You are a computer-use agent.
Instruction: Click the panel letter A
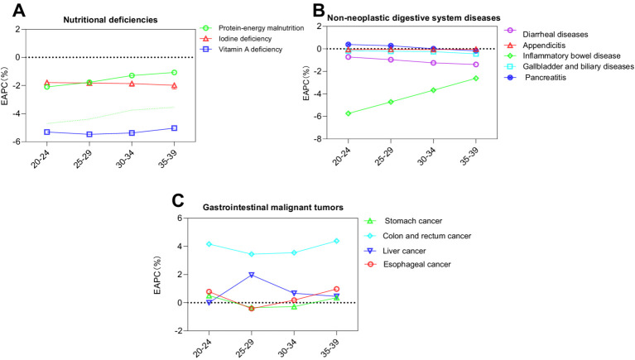click(19, 11)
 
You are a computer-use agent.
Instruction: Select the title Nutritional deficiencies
click(110, 20)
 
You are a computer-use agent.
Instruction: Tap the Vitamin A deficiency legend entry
click(242, 50)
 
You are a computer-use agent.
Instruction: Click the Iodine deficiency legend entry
click(236, 39)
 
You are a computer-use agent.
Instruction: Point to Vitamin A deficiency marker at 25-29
click(89, 134)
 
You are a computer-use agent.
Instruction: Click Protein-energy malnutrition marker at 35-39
click(174, 73)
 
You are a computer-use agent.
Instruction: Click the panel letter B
click(320, 10)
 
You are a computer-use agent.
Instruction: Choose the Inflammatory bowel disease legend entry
click(562, 56)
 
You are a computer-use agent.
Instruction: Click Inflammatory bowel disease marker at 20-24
click(349, 113)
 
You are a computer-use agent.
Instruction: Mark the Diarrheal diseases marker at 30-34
click(433, 63)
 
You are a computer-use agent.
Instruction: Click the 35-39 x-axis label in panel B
click(469, 156)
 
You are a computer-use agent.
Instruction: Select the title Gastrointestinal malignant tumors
click(273, 208)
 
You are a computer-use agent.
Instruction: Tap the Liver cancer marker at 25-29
click(252, 275)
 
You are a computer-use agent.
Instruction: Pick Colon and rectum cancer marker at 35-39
click(336, 241)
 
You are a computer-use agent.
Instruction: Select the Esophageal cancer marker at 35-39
click(336, 289)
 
